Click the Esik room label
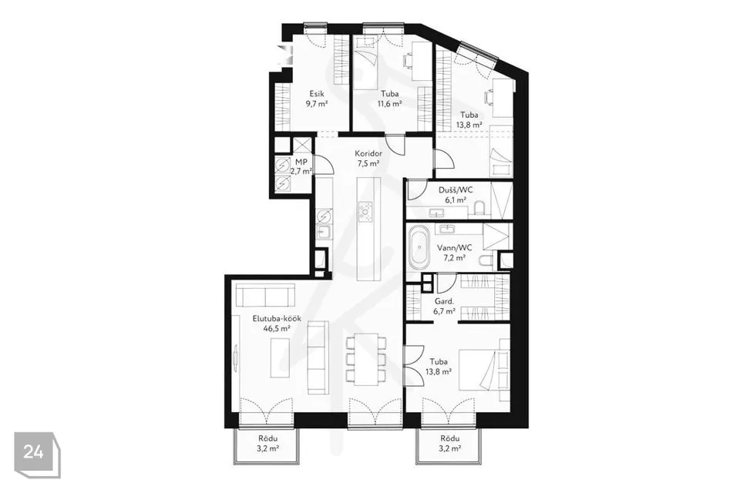[317, 93]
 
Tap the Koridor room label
[368, 153]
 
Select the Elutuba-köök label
[277, 318]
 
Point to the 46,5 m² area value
[277, 329]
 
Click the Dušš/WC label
[456, 190]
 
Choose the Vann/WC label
[454, 248]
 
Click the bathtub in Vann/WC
[419, 248]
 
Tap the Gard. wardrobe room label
[444, 301]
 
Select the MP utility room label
[301, 162]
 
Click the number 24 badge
[33, 452]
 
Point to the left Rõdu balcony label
[267, 438]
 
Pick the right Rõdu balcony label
[449, 438]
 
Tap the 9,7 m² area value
[317, 104]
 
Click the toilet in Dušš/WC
[479, 208]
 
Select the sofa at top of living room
[265, 295]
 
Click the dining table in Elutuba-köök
[366, 360]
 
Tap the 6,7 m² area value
[444, 312]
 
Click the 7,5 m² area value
[368, 164]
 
